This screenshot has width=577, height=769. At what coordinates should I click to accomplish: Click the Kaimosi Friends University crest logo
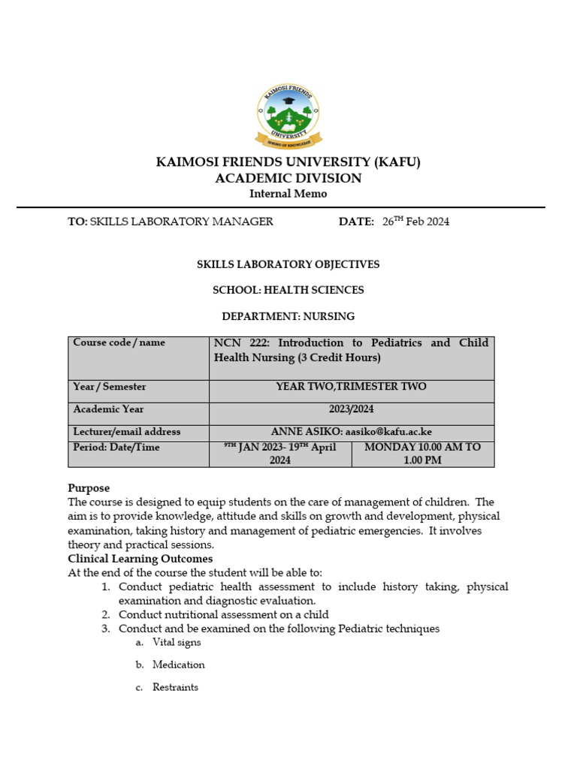pos(288,116)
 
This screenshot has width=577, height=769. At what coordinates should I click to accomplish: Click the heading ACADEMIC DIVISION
pos(288,178)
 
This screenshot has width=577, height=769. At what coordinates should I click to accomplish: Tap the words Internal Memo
pos(288,194)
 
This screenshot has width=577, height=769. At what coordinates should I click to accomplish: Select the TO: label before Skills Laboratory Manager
pos(78,222)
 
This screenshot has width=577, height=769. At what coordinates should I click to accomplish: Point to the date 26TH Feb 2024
pos(415,222)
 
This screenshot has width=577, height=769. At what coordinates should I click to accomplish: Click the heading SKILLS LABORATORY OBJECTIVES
pos(288,264)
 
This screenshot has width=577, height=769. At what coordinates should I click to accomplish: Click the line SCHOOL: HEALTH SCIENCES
pos(288,290)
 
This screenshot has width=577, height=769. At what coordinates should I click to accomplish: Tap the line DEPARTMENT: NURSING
pos(288,316)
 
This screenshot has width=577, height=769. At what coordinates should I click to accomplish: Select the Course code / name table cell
pos(119,342)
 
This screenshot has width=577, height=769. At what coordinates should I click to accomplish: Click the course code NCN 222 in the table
pos(238,343)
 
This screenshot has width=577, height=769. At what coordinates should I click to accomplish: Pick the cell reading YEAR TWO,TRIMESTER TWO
pos(351,387)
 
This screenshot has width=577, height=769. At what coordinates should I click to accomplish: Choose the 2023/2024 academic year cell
pos(351,409)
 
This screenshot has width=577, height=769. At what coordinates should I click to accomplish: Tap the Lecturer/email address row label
pos(126,432)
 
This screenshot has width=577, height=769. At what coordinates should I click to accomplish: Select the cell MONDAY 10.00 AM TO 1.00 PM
pos(422,454)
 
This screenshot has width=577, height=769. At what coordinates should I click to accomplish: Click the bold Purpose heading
pos(89,488)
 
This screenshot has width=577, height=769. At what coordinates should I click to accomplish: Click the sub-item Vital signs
pos(177,643)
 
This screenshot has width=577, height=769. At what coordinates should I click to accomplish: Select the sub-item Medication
pos(178,665)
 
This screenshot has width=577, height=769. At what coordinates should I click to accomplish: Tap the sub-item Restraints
pos(175,687)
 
